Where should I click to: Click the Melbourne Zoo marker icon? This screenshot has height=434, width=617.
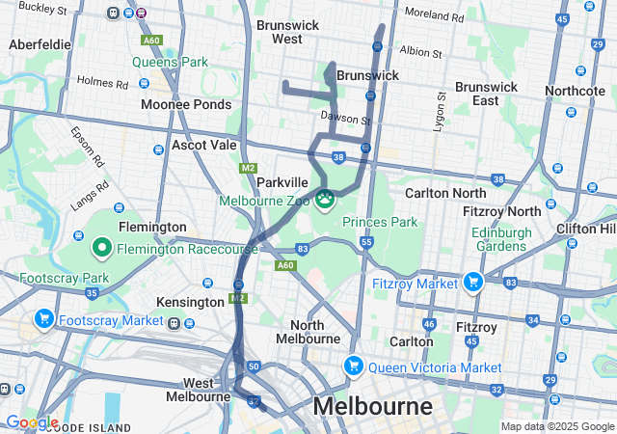325,200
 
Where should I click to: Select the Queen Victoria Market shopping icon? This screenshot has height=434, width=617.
354,367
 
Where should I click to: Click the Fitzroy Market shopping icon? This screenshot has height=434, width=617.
472,283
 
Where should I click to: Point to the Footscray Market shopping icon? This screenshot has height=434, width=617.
43,319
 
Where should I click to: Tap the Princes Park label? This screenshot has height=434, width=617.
380,222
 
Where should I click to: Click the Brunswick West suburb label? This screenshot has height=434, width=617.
273,32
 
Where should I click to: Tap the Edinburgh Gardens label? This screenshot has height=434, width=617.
500,239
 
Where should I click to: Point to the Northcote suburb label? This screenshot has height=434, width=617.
576,91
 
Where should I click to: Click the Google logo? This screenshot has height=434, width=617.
32,422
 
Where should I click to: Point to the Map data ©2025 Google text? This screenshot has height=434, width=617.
556,426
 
